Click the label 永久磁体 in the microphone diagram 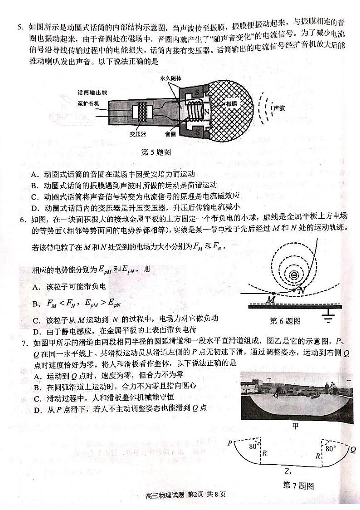[170, 78]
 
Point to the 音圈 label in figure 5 [170, 134]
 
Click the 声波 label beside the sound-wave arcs [279, 108]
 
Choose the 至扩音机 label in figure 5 [88, 103]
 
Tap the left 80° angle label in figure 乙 [253, 446]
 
